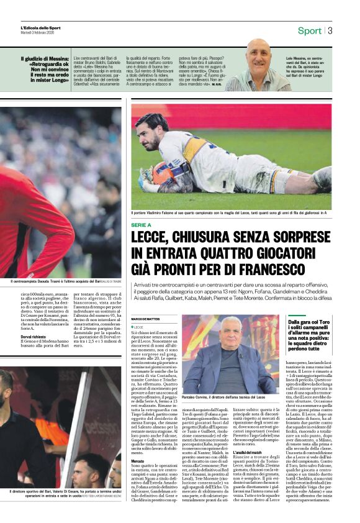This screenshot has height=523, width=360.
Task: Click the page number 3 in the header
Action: tap(330, 30)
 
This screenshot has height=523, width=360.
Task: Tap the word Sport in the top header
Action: tap(310, 30)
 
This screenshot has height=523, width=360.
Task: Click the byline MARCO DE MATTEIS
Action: tap(146, 319)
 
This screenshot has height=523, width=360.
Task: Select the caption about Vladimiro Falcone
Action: tap(230, 213)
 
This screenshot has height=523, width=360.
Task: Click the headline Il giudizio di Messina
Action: tap(43, 68)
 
